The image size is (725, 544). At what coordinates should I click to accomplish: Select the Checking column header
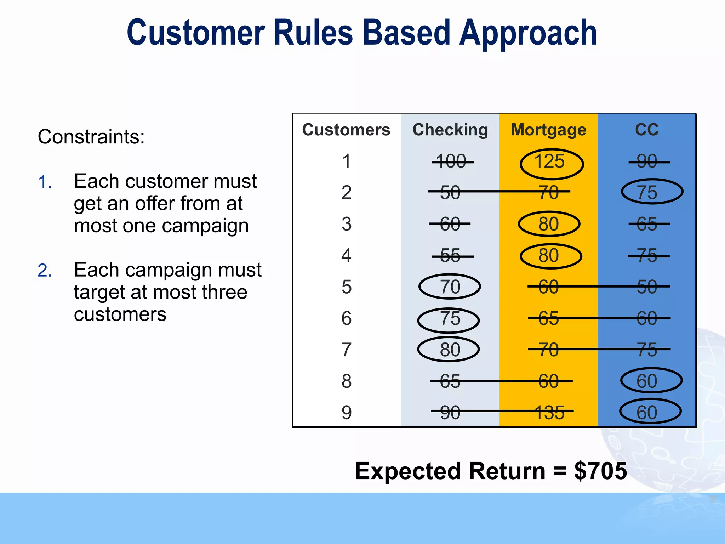[450, 130]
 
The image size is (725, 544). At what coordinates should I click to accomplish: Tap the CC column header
[646, 130]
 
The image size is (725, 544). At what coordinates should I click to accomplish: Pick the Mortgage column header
[548, 130]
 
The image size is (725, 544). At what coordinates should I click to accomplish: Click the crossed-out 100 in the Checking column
[451, 161]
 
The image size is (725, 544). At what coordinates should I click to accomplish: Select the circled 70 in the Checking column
[450, 287]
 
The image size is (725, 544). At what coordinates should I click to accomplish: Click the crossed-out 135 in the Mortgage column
[549, 413]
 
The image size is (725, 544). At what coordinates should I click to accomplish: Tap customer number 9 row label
[346, 413]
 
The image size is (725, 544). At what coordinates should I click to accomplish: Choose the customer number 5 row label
[346, 287]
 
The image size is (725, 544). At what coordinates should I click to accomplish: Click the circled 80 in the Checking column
[449, 350]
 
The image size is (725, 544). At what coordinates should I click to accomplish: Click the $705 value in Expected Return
[600, 471]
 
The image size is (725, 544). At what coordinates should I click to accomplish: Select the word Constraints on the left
[91, 137]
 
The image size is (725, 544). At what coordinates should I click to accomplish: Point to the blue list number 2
[45, 271]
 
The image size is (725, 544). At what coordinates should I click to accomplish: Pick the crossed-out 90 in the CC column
[647, 161]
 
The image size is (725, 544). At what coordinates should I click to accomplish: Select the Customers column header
[346, 130]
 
